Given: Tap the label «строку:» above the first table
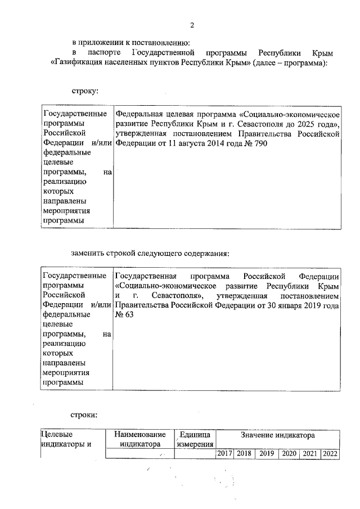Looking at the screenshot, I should pos(84,90).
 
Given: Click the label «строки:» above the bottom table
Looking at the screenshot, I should pos(84,415).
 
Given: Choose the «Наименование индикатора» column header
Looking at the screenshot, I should pos(139,439).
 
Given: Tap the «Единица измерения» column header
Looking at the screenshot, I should pos(194,439).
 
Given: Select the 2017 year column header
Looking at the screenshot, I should pos(224,453).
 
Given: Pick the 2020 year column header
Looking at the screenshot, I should pos(289,453).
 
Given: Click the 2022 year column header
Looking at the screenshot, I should pos(330,453).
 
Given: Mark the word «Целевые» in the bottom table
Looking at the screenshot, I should pos(56,435).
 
